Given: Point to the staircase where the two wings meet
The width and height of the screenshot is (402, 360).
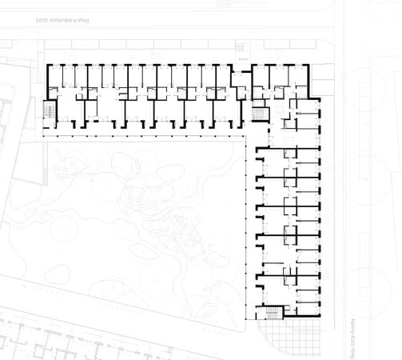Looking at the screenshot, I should click(259, 113).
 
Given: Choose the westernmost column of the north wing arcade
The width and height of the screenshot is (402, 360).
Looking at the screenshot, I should click(42, 138).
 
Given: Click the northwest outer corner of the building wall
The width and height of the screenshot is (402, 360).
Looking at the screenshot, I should click(44, 65).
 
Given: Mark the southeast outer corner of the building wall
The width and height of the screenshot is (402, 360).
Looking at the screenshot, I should click(321, 318).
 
